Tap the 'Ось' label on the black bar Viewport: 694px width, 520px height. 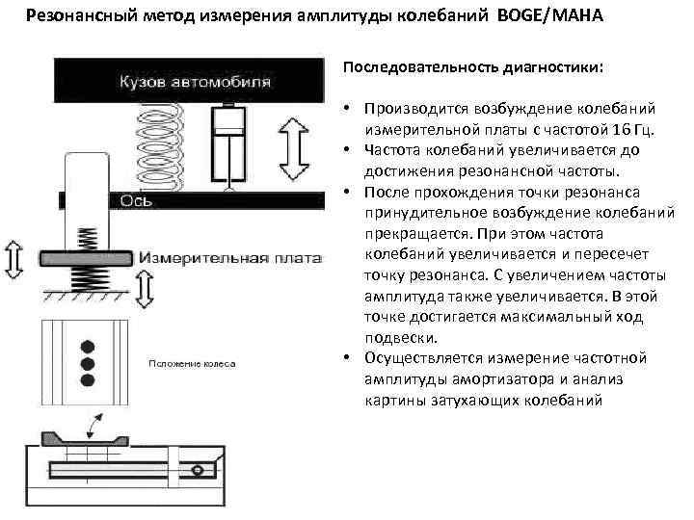(133, 201)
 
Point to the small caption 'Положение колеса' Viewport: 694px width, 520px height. (191, 362)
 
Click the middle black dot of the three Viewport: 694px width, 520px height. (88, 364)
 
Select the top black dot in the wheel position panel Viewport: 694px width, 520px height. (88, 344)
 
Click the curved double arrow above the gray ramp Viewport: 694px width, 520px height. (95, 423)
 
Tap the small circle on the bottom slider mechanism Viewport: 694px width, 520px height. (199, 469)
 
